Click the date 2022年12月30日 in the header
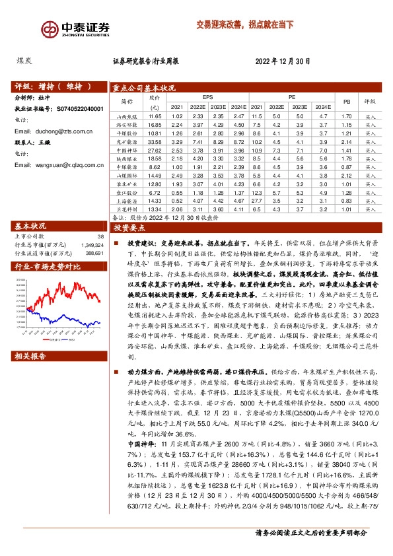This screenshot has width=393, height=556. [282, 62]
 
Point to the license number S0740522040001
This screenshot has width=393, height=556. [76, 108]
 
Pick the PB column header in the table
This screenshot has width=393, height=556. [346, 102]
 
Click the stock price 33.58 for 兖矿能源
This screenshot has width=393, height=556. [155, 141]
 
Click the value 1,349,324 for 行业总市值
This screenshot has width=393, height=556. [92, 226]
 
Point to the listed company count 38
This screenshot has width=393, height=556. [100, 217]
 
